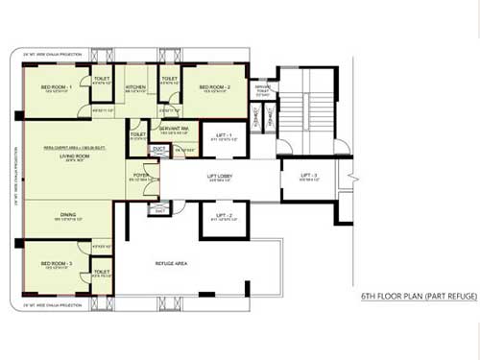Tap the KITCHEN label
tap(134, 87)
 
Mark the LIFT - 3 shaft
tap(311, 179)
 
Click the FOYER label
tap(140, 175)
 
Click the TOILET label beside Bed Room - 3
tap(101, 272)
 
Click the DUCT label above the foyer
tap(158, 148)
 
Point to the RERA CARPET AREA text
tap(69, 148)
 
